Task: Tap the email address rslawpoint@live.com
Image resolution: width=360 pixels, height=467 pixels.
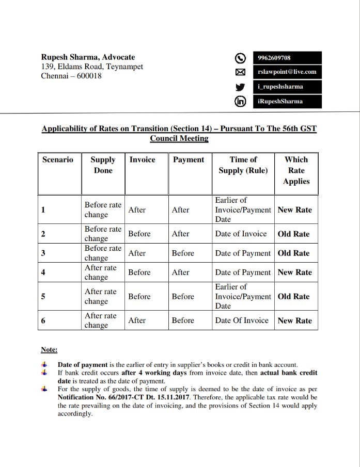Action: (x=287, y=72)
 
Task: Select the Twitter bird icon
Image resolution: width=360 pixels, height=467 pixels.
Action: (x=240, y=87)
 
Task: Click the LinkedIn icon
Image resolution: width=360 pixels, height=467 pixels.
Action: (x=240, y=101)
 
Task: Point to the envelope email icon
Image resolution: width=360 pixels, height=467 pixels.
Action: (x=240, y=72)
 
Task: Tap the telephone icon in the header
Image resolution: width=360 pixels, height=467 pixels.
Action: (x=240, y=58)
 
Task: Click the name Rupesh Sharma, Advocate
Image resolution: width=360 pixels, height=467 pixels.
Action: (x=88, y=57)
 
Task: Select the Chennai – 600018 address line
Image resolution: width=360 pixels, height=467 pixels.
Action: (x=71, y=76)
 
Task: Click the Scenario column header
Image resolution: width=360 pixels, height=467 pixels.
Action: (x=58, y=160)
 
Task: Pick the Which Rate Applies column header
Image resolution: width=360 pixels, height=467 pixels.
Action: (x=296, y=170)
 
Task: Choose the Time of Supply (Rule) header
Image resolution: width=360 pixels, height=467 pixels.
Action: (x=243, y=165)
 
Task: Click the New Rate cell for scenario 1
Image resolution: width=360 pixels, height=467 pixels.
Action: (x=295, y=210)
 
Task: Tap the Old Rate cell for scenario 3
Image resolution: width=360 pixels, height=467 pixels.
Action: (x=294, y=253)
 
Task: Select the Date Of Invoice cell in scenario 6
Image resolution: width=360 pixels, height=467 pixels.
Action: (x=242, y=320)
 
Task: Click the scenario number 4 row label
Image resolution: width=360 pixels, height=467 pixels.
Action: (x=43, y=272)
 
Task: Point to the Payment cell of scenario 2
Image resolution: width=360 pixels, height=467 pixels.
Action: (x=181, y=234)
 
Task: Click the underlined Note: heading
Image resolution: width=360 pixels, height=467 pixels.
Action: (x=49, y=349)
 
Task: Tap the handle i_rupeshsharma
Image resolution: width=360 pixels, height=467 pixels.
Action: (x=280, y=87)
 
